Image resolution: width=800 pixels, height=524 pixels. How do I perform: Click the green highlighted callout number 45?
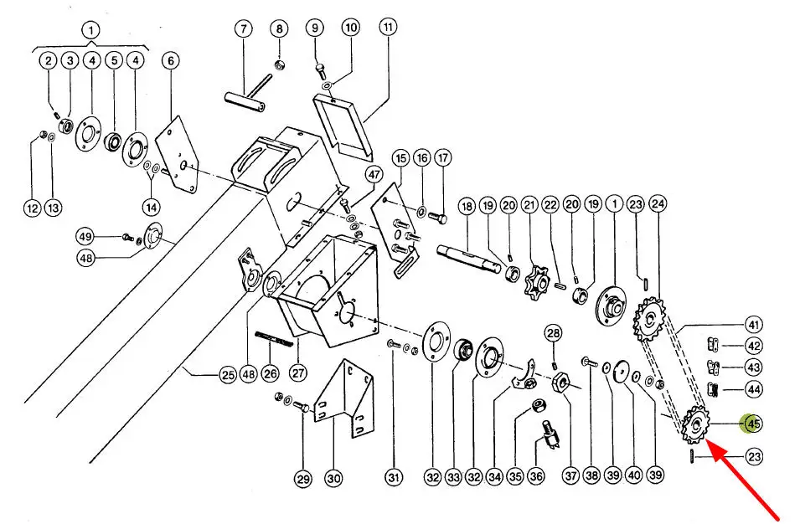point(753,423)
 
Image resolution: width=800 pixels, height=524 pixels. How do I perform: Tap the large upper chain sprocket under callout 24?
point(650,320)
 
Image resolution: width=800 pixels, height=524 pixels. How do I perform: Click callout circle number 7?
point(244,28)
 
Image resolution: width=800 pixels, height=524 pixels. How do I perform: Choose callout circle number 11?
point(388,27)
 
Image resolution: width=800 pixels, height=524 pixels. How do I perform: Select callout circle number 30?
point(333,478)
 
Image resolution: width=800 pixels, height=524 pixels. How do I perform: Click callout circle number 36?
point(536,476)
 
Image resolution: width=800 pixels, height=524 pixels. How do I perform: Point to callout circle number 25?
point(228,376)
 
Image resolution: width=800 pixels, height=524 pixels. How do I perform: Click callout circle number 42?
point(754,346)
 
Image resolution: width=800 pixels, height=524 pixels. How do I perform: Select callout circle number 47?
point(374,175)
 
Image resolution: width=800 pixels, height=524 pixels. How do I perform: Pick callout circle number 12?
point(32,208)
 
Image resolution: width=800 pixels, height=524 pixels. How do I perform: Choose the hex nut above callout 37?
point(563,382)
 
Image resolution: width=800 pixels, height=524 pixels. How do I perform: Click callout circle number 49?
point(85,237)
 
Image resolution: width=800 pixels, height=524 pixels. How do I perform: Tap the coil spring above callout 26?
point(274,338)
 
